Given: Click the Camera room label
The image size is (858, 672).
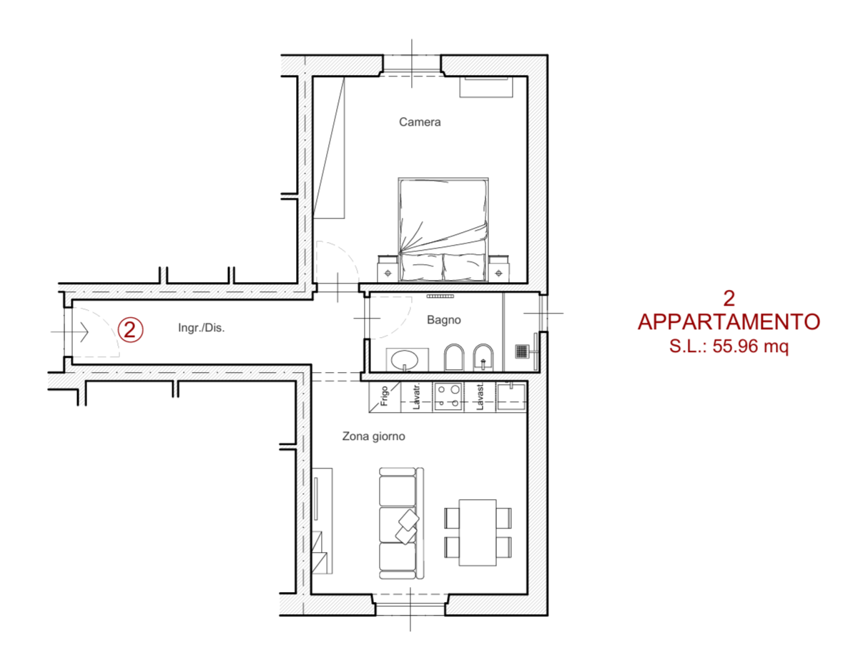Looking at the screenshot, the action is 419,122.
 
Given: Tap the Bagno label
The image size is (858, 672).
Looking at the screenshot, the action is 443,319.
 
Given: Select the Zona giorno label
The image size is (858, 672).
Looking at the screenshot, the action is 373,436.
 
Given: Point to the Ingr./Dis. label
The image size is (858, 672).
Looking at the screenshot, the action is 201,328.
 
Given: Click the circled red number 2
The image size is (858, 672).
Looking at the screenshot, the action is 130,330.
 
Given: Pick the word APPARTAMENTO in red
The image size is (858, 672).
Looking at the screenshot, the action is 729,322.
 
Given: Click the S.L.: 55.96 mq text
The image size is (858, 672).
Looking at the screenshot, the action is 729,346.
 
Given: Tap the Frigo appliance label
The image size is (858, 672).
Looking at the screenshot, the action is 384,396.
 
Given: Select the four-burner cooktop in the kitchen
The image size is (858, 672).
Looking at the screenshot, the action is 448,396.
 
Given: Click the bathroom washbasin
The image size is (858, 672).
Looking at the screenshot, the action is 404,360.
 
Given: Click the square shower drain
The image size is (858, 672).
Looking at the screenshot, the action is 521,351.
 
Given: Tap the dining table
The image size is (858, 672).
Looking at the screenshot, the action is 477,533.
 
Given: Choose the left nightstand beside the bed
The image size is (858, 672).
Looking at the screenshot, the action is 387,269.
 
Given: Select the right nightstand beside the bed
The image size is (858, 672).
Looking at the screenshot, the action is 498,269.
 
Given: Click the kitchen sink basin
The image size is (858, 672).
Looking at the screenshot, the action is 511,396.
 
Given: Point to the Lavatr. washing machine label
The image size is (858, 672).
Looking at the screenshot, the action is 416,397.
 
